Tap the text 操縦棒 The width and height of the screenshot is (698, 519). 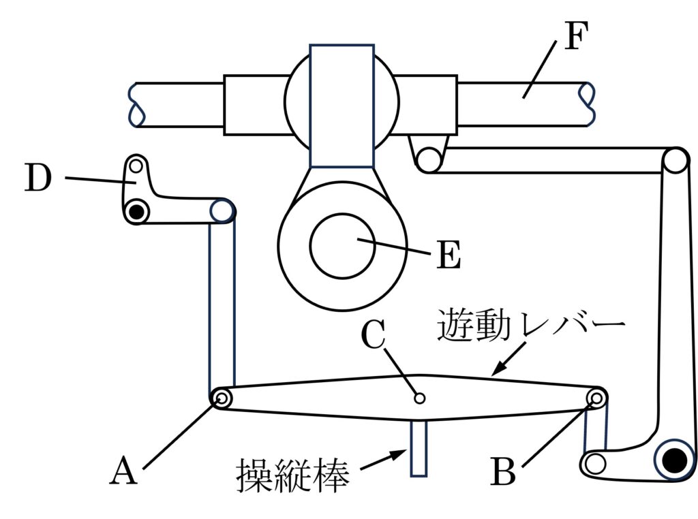click(293, 474)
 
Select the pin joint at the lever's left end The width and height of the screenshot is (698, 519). click(221, 399)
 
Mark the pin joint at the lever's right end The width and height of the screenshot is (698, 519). click(598, 398)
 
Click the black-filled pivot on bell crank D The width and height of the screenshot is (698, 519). click(137, 212)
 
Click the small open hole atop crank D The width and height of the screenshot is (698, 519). click(136, 165)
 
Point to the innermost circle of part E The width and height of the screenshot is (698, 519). click(342, 246)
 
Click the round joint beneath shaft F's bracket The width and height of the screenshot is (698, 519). click(429, 161)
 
